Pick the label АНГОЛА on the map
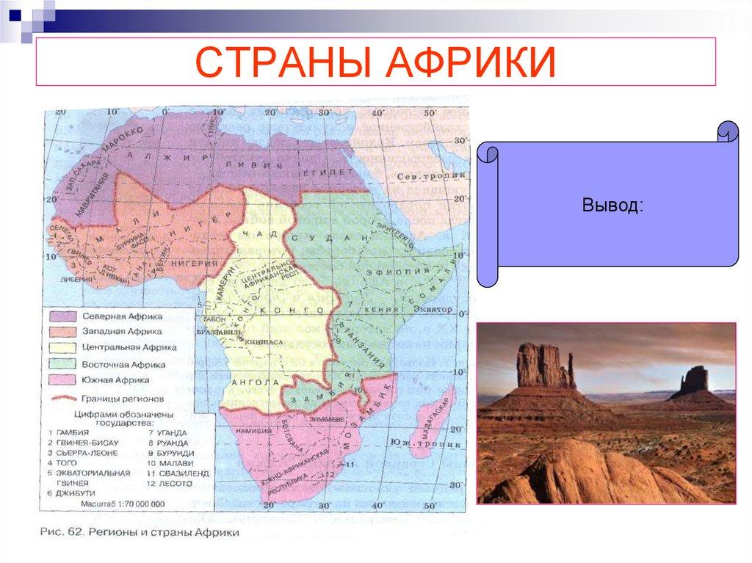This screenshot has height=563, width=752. click(x=254, y=382)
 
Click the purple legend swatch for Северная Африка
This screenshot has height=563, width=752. click(x=65, y=315)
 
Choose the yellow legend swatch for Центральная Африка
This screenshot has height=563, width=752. click(x=65, y=347)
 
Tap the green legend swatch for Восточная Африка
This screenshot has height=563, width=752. click(x=65, y=364)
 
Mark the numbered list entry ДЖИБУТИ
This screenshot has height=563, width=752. click(x=76, y=494)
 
